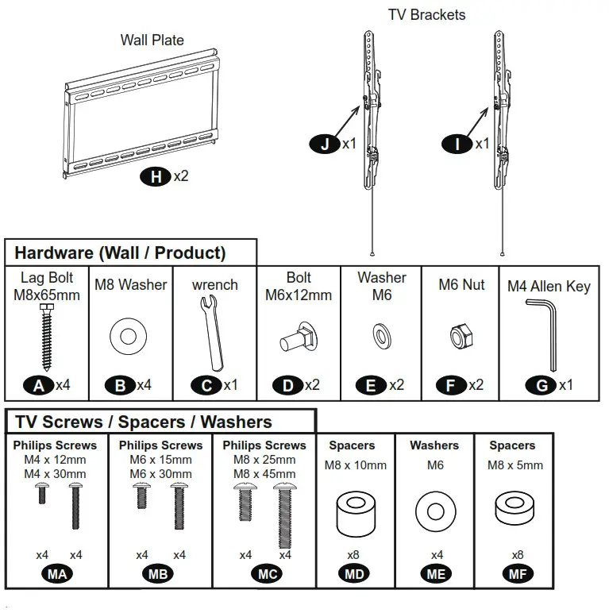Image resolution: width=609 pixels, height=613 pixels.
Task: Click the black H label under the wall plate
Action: (156, 176)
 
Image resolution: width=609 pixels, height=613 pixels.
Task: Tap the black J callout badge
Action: (325, 144)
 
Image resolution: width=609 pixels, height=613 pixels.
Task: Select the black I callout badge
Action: (457, 144)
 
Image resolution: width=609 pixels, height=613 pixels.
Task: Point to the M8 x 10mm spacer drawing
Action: (354, 512)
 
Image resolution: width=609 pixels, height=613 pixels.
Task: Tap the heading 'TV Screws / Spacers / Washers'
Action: (144, 422)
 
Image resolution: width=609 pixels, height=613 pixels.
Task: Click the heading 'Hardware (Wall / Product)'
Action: (121, 253)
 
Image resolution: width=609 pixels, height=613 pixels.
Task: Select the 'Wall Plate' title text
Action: (152, 40)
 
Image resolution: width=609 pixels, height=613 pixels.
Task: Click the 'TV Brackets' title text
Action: (426, 14)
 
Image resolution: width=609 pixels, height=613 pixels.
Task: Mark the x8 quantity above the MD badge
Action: (354, 555)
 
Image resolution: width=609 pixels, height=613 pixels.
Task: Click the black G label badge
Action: (542, 385)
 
